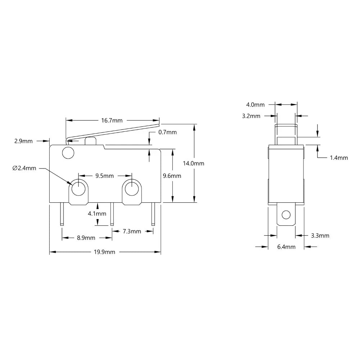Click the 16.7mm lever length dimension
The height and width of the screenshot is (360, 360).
(112, 120)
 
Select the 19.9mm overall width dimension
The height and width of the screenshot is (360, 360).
(104, 252)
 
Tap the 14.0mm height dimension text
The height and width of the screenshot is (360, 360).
(193, 163)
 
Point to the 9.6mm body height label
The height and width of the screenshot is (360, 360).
(172, 176)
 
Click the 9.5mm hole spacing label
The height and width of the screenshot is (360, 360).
(104, 176)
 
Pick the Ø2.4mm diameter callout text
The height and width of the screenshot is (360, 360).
(24, 168)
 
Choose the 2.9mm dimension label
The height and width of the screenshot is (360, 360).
(23, 141)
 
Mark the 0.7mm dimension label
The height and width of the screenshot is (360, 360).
(167, 132)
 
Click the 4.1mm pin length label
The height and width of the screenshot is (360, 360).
(97, 213)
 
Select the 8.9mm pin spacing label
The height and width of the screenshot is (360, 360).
(86, 238)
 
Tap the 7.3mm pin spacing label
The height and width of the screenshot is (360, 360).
(132, 231)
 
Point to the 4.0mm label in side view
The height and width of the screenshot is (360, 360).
(255, 105)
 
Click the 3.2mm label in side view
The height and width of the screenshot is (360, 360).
(251, 116)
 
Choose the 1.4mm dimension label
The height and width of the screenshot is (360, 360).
(339, 158)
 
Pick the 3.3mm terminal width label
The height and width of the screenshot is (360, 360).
(320, 236)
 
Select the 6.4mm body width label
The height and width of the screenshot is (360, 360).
(286, 247)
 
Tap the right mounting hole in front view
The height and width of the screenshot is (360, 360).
(132, 187)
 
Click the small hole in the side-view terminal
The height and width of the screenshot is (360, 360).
(286, 215)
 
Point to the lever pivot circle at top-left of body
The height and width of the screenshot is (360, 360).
(67, 153)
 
